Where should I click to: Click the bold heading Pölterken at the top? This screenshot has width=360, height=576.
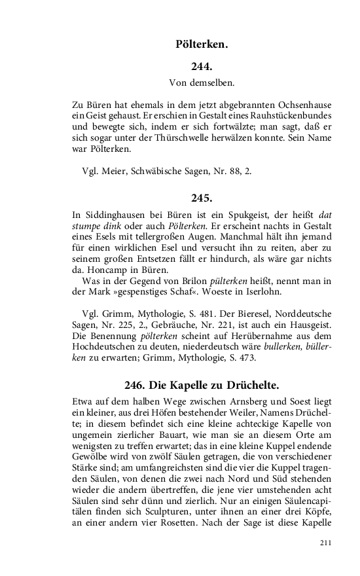(x=202, y=45)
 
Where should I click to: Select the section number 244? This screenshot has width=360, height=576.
(x=202, y=66)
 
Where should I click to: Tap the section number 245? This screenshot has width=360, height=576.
(x=202, y=197)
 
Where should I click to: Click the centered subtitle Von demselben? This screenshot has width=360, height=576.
(x=202, y=83)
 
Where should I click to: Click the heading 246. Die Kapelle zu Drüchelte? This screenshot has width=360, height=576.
(x=202, y=384)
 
